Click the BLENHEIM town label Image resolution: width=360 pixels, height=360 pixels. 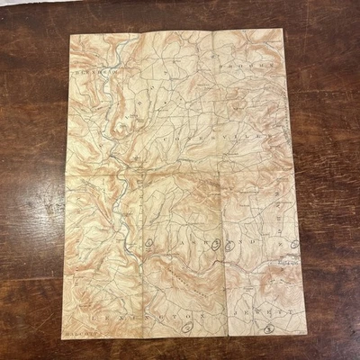point(93,66)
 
